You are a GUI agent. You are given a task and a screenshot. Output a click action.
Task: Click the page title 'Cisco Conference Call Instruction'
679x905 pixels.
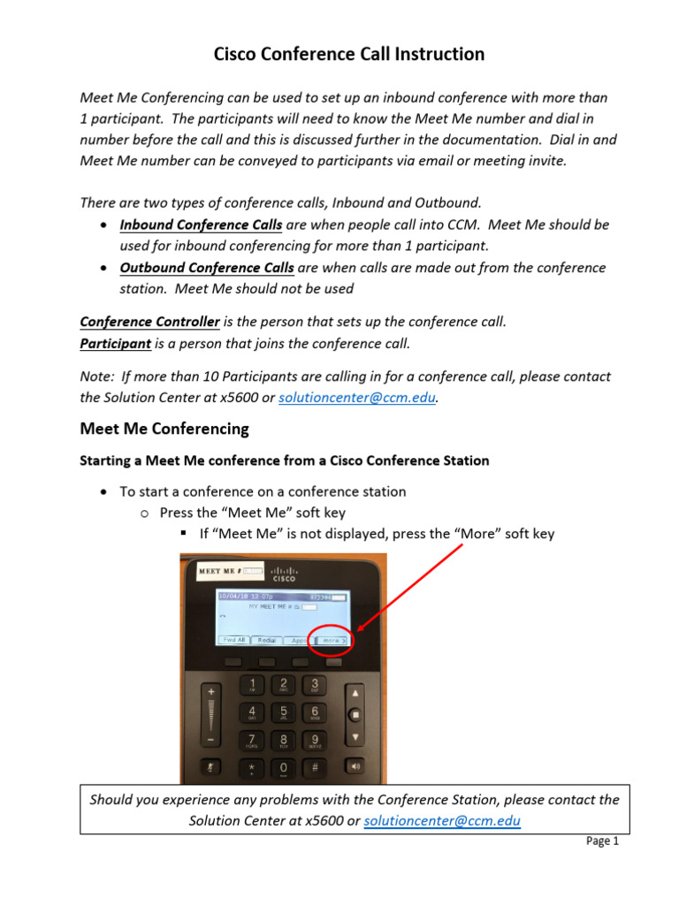349,55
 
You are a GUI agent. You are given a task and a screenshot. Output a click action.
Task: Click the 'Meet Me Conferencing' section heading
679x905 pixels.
164,430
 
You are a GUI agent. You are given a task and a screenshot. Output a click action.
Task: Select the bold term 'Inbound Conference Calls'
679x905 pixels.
201,224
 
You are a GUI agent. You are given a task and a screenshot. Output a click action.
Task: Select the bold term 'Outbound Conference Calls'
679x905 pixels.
207,267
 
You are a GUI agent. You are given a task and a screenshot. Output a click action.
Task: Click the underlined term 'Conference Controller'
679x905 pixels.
149,322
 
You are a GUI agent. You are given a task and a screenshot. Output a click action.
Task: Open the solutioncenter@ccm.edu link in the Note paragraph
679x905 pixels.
357,398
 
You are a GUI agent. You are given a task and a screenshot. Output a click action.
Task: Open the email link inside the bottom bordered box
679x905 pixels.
442,821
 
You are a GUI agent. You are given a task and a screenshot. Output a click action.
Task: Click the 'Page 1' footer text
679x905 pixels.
602,841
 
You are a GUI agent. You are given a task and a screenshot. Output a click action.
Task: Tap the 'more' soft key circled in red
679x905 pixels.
332,640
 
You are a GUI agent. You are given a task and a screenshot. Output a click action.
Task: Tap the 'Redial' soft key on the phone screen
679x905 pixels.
267,640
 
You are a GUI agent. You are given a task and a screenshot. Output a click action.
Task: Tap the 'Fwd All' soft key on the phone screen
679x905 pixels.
234,640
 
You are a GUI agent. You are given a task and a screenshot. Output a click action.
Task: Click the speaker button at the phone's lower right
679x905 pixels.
354,766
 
